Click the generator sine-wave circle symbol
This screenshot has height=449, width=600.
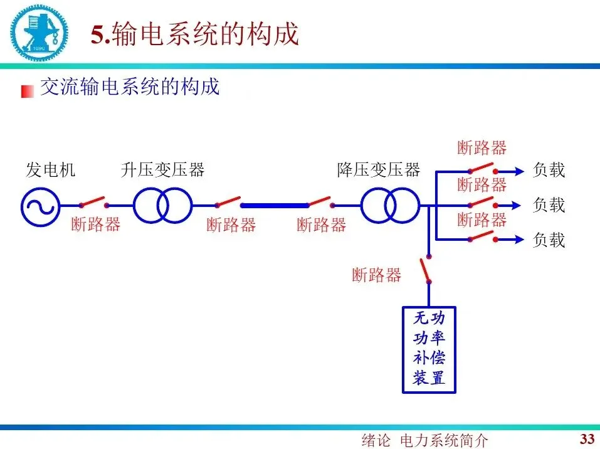[40, 205]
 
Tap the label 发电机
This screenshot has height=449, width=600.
[50, 170]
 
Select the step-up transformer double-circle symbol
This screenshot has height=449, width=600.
[162, 205]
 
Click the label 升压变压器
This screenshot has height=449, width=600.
[163, 170]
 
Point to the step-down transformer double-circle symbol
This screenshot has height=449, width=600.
[389, 205]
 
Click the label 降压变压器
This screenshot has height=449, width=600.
[379, 170]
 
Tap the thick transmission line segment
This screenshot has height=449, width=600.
[275, 205]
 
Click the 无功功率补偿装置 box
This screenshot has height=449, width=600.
[429, 349]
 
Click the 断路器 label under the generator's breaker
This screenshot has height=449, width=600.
[96, 224]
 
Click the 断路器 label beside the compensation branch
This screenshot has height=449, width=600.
[376, 275]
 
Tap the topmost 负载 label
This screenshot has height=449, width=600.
[549, 170]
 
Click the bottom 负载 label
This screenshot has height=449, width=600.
[549, 240]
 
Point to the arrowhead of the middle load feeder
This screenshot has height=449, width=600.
[518, 205]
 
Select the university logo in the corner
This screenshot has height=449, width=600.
[38, 31]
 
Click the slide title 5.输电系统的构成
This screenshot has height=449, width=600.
[194, 34]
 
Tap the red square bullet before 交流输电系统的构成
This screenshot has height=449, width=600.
[27, 91]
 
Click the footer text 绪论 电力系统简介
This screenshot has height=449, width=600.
[424, 440]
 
